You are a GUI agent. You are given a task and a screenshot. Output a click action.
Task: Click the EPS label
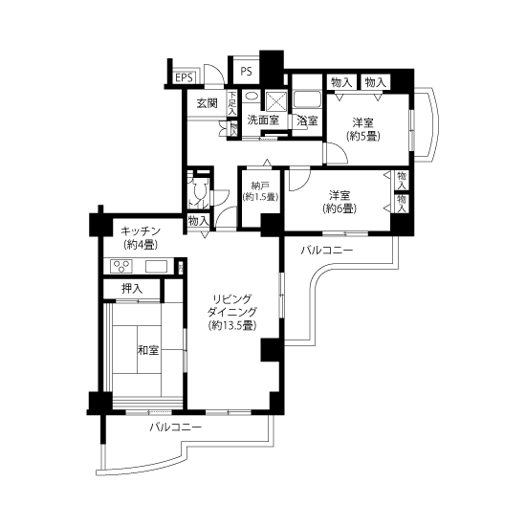185,77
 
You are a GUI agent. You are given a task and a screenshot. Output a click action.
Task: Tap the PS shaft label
246,72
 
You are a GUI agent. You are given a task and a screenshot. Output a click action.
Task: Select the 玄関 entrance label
207,103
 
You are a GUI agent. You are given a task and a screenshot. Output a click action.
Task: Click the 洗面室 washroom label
263,121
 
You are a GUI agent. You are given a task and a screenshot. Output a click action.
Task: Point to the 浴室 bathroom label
307,121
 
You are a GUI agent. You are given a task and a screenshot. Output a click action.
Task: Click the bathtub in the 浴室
307,99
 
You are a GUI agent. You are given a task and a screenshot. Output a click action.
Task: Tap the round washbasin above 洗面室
252,96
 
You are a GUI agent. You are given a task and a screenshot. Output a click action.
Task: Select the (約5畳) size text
363,137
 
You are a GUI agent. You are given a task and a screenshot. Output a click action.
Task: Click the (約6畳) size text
340,208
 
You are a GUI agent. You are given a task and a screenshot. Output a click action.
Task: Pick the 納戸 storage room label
260,186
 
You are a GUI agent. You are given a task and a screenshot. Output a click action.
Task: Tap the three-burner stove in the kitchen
121,267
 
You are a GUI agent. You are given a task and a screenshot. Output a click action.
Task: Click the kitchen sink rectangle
156,267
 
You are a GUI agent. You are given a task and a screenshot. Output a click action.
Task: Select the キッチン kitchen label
141,231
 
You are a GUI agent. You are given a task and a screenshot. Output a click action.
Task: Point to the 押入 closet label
132,289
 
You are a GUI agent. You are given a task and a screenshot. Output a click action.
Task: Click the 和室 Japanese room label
148,351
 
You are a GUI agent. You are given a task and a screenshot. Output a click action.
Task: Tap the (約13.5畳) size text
232,325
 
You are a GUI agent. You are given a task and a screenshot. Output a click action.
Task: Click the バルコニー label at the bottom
175,427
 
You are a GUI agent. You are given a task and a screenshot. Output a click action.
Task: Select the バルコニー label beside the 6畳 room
327,251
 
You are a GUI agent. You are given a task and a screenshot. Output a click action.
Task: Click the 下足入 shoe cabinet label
232,103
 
